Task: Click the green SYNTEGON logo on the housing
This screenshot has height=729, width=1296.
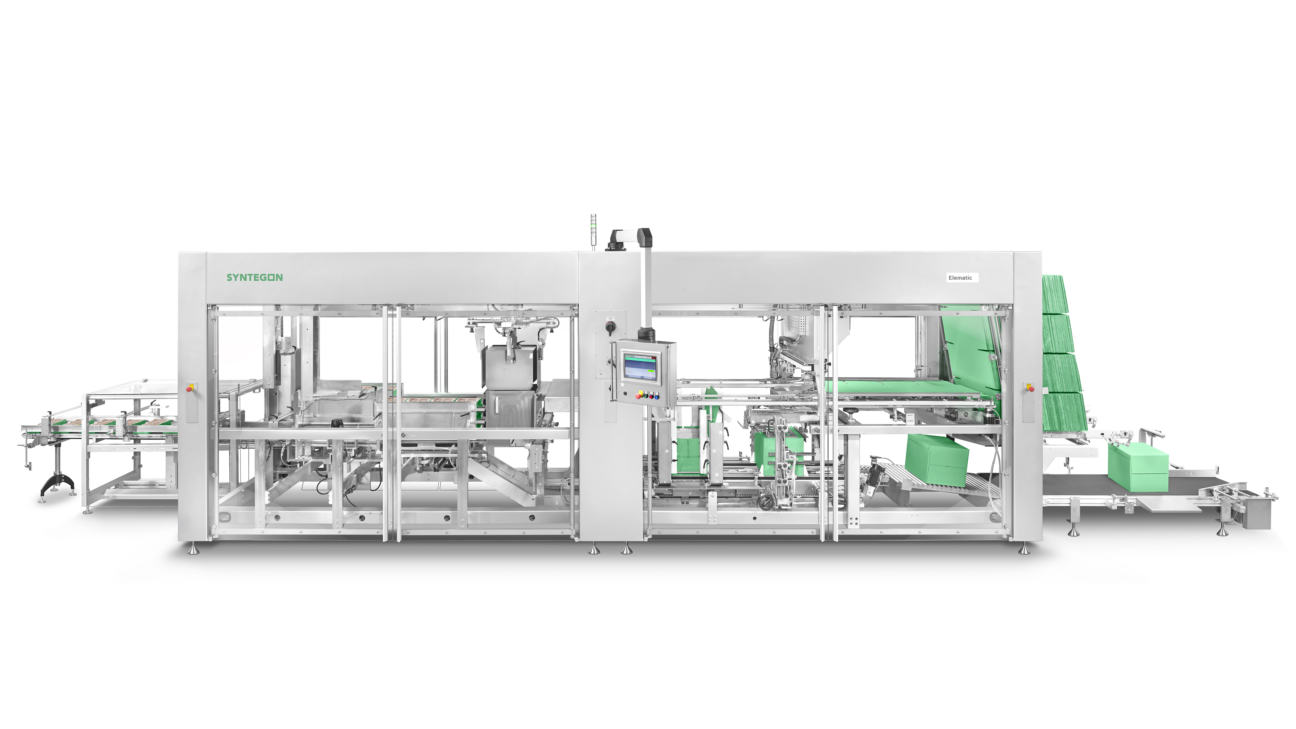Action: coord(255,277)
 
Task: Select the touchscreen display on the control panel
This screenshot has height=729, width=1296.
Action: coord(640,367)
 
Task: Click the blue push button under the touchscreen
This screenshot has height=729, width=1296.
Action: coord(657,397)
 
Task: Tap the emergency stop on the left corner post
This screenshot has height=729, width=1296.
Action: coord(190,389)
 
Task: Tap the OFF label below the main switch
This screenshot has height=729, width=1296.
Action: coord(601,374)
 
